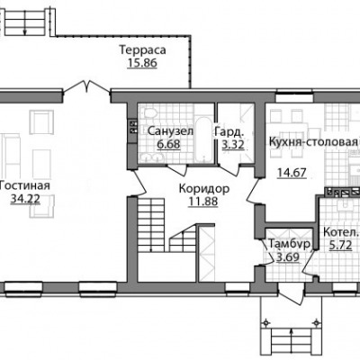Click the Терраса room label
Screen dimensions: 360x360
click(x=142, y=49)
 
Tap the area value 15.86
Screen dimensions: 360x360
click(x=142, y=64)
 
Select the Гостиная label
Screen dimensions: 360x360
click(x=24, y=185)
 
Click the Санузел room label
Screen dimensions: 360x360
click(x=170, y=131)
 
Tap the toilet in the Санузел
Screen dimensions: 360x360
click(x=150, y=113)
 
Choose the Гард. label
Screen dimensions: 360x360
click(x=229, y=131)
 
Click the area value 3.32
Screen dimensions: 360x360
click(x=233, y=145)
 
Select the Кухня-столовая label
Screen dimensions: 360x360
click(x=314, y=141)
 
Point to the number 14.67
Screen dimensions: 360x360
click(x=292, y=173)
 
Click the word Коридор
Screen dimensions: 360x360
click(x=204, y=189)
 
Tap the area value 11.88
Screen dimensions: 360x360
click(x=203, y=202)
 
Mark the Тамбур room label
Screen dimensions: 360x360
click(x=289, y=244)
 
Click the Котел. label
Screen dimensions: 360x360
click(x=341, y=233)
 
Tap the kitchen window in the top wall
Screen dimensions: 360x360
click(x=294, y=98)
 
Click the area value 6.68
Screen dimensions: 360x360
click(x=168, y=145)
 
